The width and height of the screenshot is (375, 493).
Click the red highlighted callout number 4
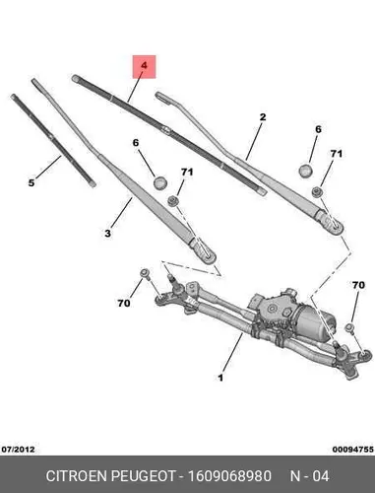(x=144, y=66)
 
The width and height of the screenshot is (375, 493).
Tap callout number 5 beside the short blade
(x=31, y=182)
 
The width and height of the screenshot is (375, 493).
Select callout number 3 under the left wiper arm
(x=107, y=234)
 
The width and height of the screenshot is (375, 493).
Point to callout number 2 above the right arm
(x=263, y=117)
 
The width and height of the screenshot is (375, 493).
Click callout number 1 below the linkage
(x=220, y=378)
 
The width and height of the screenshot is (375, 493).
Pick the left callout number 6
(x=136, y=143)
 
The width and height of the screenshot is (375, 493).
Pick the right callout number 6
(x=318, y=129)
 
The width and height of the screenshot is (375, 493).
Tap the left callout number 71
(x=187, y=173)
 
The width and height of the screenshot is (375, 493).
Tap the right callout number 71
(x=336, y=154)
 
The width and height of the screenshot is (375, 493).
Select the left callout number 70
(x=124, y=303)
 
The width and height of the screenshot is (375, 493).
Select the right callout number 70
(x=358, y=285)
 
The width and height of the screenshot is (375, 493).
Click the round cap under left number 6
(x=160, y=182)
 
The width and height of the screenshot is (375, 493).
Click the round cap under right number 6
(x=306, y=171)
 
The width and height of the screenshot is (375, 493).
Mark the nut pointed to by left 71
(x=173, y=200)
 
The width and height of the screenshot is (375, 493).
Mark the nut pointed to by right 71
(x=317, y=191)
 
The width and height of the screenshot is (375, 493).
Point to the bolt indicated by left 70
(x=145, y=274)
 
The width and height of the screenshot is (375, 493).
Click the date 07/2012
(x=18, y=450)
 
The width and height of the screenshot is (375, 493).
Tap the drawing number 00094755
(x=352, y=450)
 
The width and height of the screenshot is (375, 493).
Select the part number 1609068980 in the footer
(x=229, y=476)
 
